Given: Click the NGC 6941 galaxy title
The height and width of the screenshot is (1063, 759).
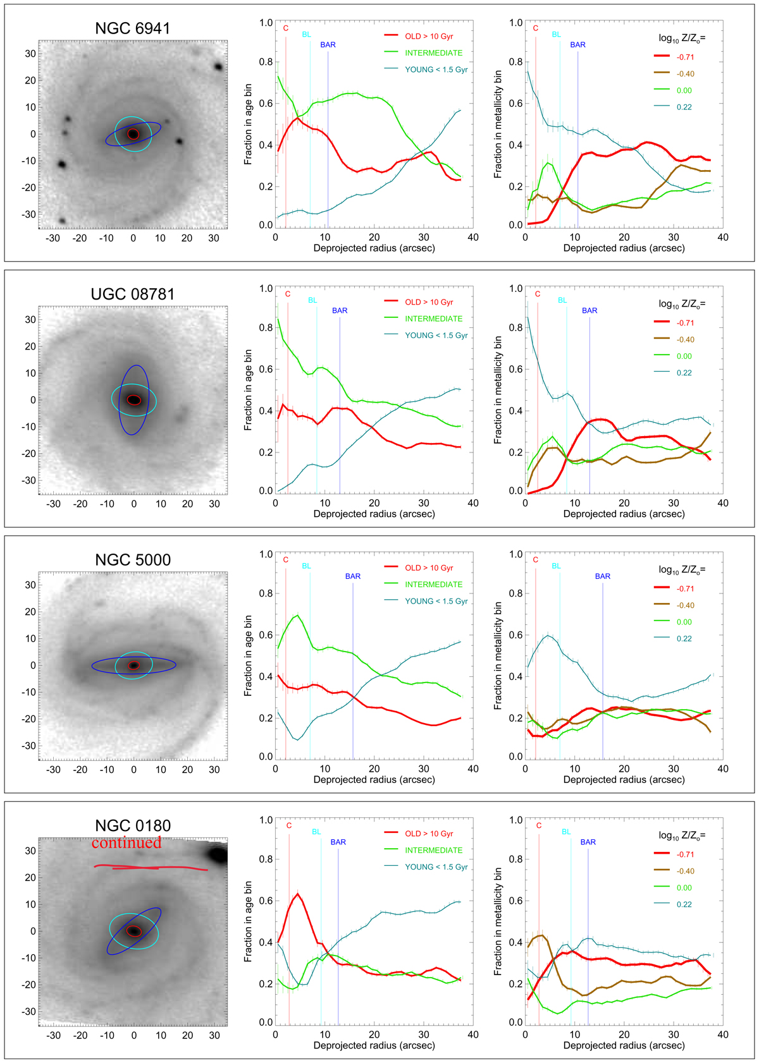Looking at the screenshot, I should click(132, 28).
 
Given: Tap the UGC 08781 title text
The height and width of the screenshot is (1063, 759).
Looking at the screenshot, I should click(132, 295).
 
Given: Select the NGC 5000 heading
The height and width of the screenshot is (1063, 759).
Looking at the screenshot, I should click(132, 560).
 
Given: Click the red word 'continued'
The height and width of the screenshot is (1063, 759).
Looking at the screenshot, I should click(126, 843).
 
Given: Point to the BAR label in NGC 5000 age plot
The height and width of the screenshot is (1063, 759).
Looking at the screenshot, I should click(353, 576).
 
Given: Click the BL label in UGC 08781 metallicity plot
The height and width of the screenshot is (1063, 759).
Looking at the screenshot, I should click(562, 300).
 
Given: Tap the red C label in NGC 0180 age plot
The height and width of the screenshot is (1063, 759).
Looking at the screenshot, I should click(289, 825).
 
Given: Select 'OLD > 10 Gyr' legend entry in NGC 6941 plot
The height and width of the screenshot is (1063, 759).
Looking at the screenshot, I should click(429, 37).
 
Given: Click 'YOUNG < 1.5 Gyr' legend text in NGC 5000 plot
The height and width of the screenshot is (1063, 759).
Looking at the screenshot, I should click(436, 601).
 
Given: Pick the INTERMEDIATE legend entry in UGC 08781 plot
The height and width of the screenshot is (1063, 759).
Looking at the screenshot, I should click(433, 319).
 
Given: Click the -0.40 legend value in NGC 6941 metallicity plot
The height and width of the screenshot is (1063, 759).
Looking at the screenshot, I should click(685, 74).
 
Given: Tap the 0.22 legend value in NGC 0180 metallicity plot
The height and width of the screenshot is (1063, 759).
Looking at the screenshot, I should click(684, 904).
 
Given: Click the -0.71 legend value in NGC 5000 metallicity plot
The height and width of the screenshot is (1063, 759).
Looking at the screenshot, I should click(685, 589).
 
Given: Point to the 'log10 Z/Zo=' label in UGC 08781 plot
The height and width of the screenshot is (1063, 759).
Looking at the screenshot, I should click(681, 304).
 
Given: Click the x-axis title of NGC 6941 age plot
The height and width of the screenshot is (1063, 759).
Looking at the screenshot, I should click(374, 248).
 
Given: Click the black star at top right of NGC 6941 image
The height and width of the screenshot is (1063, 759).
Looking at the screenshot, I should click(218, 66).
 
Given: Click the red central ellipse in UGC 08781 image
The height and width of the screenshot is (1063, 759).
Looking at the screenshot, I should click(133, 400).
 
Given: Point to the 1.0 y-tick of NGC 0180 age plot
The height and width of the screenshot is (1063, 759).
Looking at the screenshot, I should click(266, 820).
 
